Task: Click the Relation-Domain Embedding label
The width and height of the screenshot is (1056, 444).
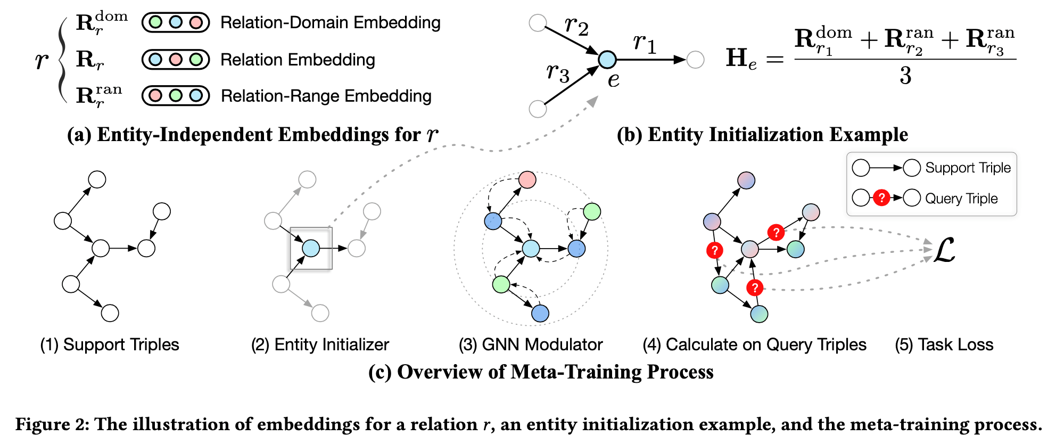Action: coord(330,23)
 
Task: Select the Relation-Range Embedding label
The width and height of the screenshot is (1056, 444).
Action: coord(326,96)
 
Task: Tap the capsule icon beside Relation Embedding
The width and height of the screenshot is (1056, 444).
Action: coord(175,59)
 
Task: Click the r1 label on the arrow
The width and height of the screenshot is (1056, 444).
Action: coord(645,43)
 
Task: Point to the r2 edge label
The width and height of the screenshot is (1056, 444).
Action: coord(576,25)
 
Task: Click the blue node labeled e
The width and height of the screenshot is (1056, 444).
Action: coord(607,60)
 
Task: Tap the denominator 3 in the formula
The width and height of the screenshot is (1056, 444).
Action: coord(905,76)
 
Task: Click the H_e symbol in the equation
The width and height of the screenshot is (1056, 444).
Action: coord(740,59)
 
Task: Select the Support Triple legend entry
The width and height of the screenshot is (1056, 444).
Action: coord(968,168)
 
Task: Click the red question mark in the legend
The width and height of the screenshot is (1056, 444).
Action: coord(881,198)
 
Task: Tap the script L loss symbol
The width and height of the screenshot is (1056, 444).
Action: coord(944,250)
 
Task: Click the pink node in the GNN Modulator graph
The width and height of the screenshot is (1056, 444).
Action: coord(527,180)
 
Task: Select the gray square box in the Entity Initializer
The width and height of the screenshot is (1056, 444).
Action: coord(311,248)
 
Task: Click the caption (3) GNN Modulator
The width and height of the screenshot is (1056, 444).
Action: coord(530,344)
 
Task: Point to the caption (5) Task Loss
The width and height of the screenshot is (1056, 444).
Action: coord(944,344)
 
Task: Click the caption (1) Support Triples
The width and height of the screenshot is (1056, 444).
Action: coord(110,344)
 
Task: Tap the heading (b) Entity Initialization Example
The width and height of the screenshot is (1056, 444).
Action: coord(762,134)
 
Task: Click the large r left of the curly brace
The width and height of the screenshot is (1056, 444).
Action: coord(41,60)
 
